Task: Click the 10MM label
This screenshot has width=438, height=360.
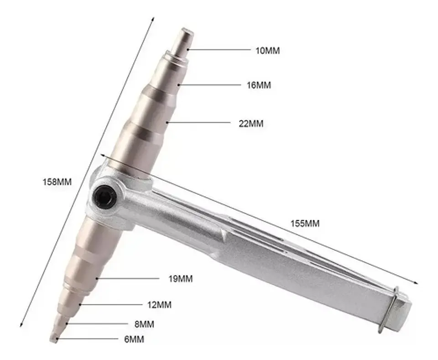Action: pos(268,51)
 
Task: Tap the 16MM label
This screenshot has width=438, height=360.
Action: pos(259,85)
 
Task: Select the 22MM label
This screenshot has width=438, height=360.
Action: pos(251,123)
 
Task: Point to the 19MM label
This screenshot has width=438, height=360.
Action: pos(181,278)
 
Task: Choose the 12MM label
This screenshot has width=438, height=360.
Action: pos(159,304)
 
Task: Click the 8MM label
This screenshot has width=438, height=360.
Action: pos(144,324)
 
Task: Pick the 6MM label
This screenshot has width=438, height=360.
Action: pos(134,339)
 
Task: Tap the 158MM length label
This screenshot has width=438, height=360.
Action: pos(57,182)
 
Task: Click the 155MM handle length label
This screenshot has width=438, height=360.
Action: pos(305,224)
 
